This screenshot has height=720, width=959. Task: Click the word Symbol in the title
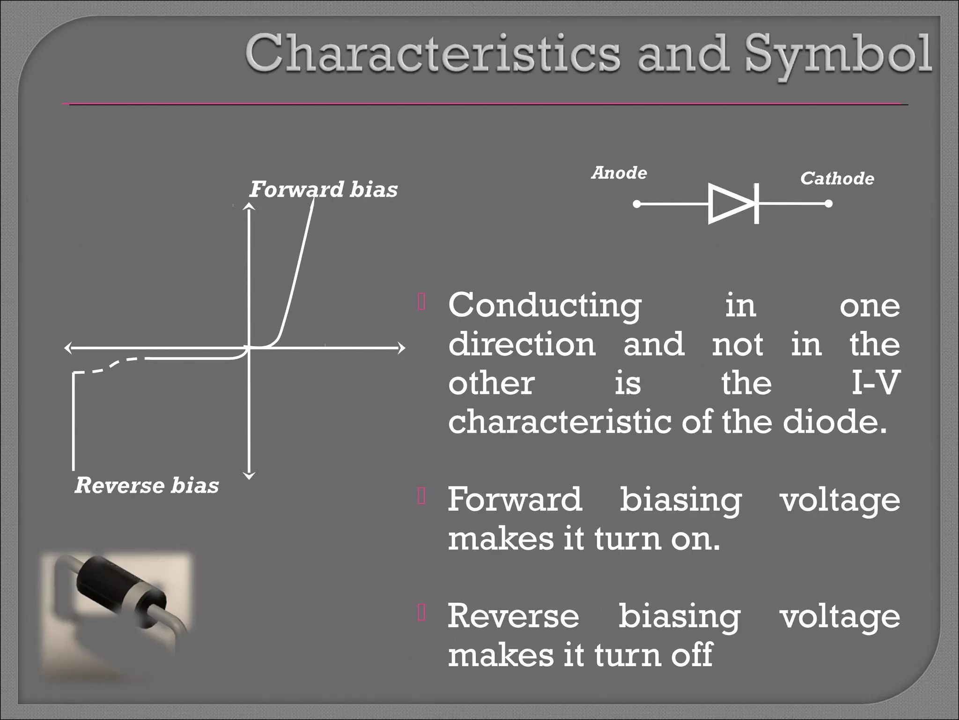pos(838,55)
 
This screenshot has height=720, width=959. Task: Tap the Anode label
pos(619,173)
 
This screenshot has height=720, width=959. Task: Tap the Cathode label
pos(837,179)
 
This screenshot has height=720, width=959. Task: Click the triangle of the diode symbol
pos(728,204)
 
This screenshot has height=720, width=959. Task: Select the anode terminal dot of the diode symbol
pos(637,204)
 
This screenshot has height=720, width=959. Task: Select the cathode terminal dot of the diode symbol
pos(828,204)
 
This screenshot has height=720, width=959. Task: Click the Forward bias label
pos(323,189)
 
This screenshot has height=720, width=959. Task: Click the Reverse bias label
pos(147,485)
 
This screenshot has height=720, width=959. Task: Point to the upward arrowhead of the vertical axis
pos(250,206)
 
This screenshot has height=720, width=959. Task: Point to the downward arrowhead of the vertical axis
pos(250,476)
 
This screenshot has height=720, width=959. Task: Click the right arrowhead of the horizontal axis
pos(401,348)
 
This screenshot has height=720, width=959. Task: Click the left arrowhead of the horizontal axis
pos(68,348)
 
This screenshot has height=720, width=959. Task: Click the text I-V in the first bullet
pos(875,382)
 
